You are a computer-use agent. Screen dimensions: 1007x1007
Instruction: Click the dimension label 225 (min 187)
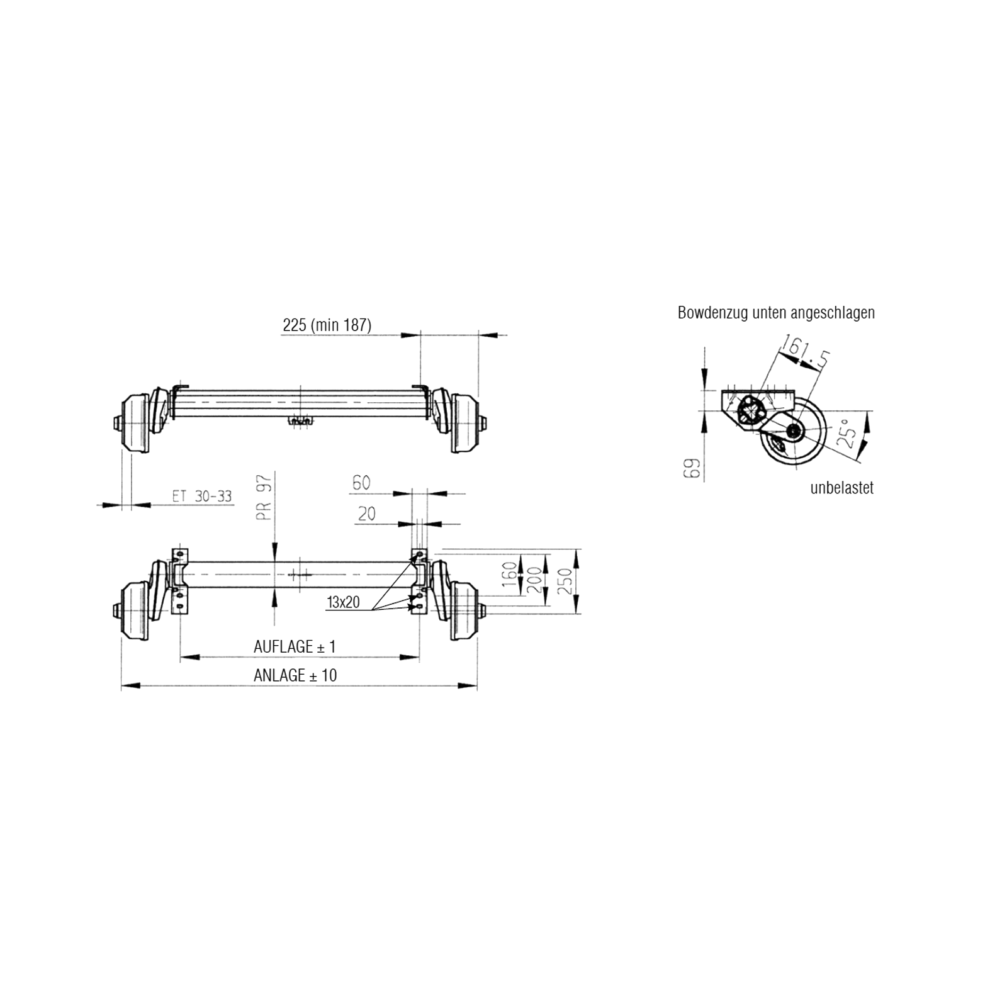[327, 325]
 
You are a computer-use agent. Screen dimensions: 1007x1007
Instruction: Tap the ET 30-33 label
[201, 497]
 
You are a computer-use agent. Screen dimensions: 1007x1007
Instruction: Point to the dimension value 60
[361, 483]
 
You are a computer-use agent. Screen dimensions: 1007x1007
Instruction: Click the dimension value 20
[366, 514]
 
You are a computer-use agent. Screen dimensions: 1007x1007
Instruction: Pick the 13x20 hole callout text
[343, 602]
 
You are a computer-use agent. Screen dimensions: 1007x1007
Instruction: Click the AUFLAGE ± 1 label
[295, 646]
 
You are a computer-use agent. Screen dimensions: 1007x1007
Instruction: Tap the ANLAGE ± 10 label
[295, 675]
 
